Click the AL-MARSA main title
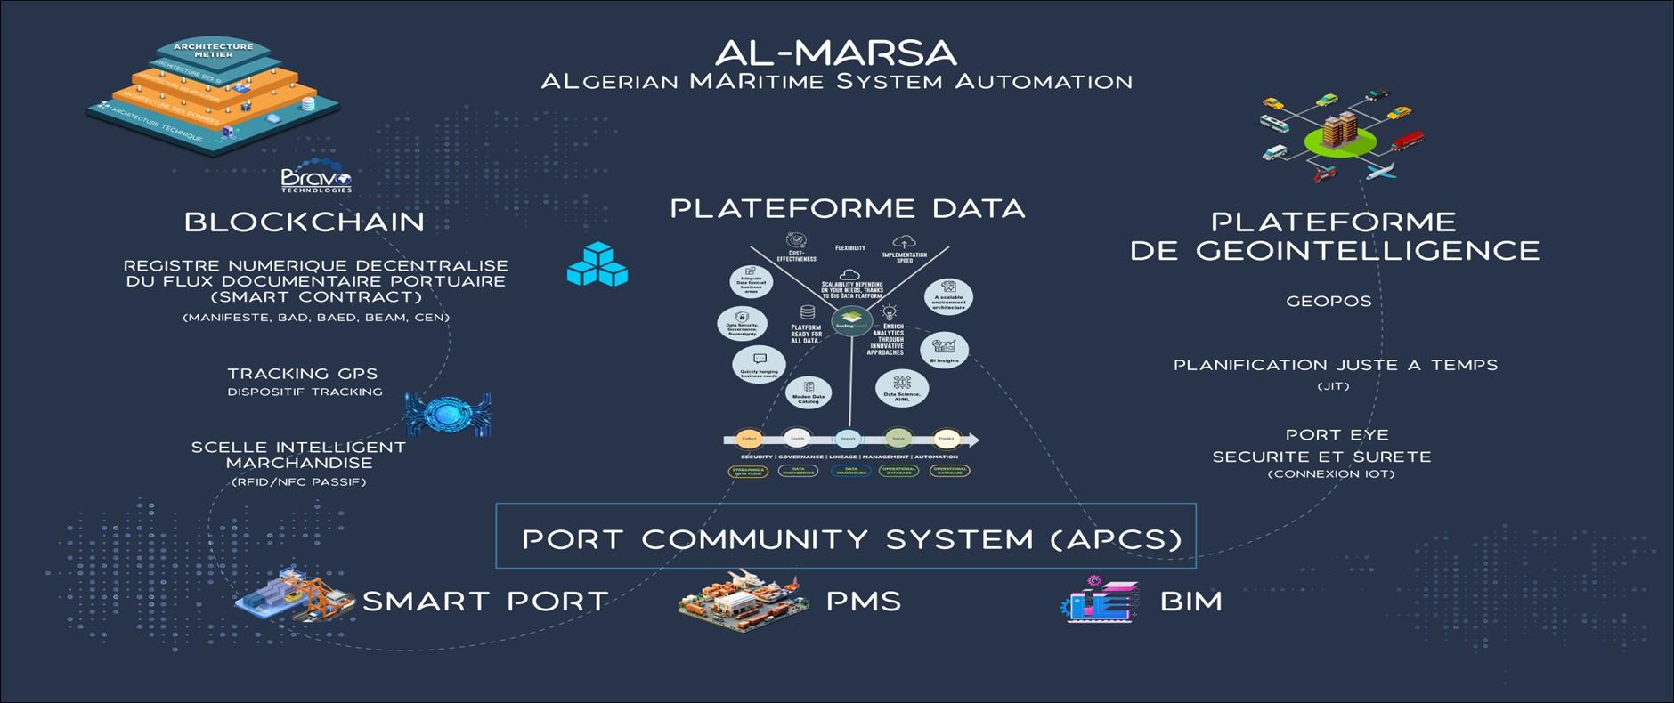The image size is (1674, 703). click(835, 53)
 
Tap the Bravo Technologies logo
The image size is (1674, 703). click(316, 179)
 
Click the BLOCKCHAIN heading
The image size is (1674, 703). click(305, 222)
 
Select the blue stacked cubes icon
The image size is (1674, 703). click(597, 265)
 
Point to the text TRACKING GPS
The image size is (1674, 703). click(302, 373)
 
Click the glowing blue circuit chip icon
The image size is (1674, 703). click(448, 413)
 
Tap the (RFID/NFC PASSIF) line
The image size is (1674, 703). click(298, 482)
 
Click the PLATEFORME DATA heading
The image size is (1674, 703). click(847, 208)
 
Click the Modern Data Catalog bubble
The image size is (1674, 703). click(809, 392)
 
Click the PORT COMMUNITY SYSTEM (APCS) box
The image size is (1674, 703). click(845, 537)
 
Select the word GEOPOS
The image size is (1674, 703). click(1328, 301)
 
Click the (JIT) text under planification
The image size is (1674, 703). click(1333, 386)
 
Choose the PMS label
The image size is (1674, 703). click(863, 601)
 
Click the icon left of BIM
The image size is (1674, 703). click(1101, 599)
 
